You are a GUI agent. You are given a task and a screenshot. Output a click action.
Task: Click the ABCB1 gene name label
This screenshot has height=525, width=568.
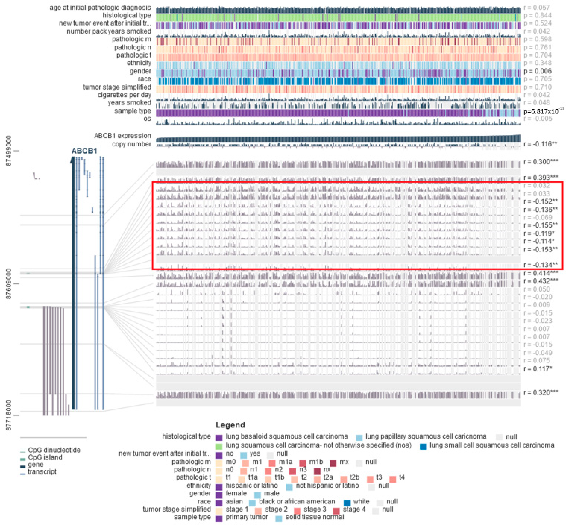point(84,151)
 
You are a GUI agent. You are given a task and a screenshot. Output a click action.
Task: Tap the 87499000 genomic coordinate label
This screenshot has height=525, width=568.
point(9,151)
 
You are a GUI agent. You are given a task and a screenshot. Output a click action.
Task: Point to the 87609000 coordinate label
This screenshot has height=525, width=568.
point(9,284)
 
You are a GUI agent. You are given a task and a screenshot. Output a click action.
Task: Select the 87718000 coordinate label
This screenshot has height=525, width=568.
point(9,415)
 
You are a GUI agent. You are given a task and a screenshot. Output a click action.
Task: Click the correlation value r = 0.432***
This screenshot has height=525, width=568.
point(541,281)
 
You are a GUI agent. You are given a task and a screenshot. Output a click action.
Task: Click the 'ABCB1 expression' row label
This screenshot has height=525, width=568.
point(123,136)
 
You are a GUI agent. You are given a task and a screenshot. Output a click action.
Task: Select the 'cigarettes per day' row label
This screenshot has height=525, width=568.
point(124,95)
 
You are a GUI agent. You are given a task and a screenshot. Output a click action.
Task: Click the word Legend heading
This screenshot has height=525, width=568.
point(230,425)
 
